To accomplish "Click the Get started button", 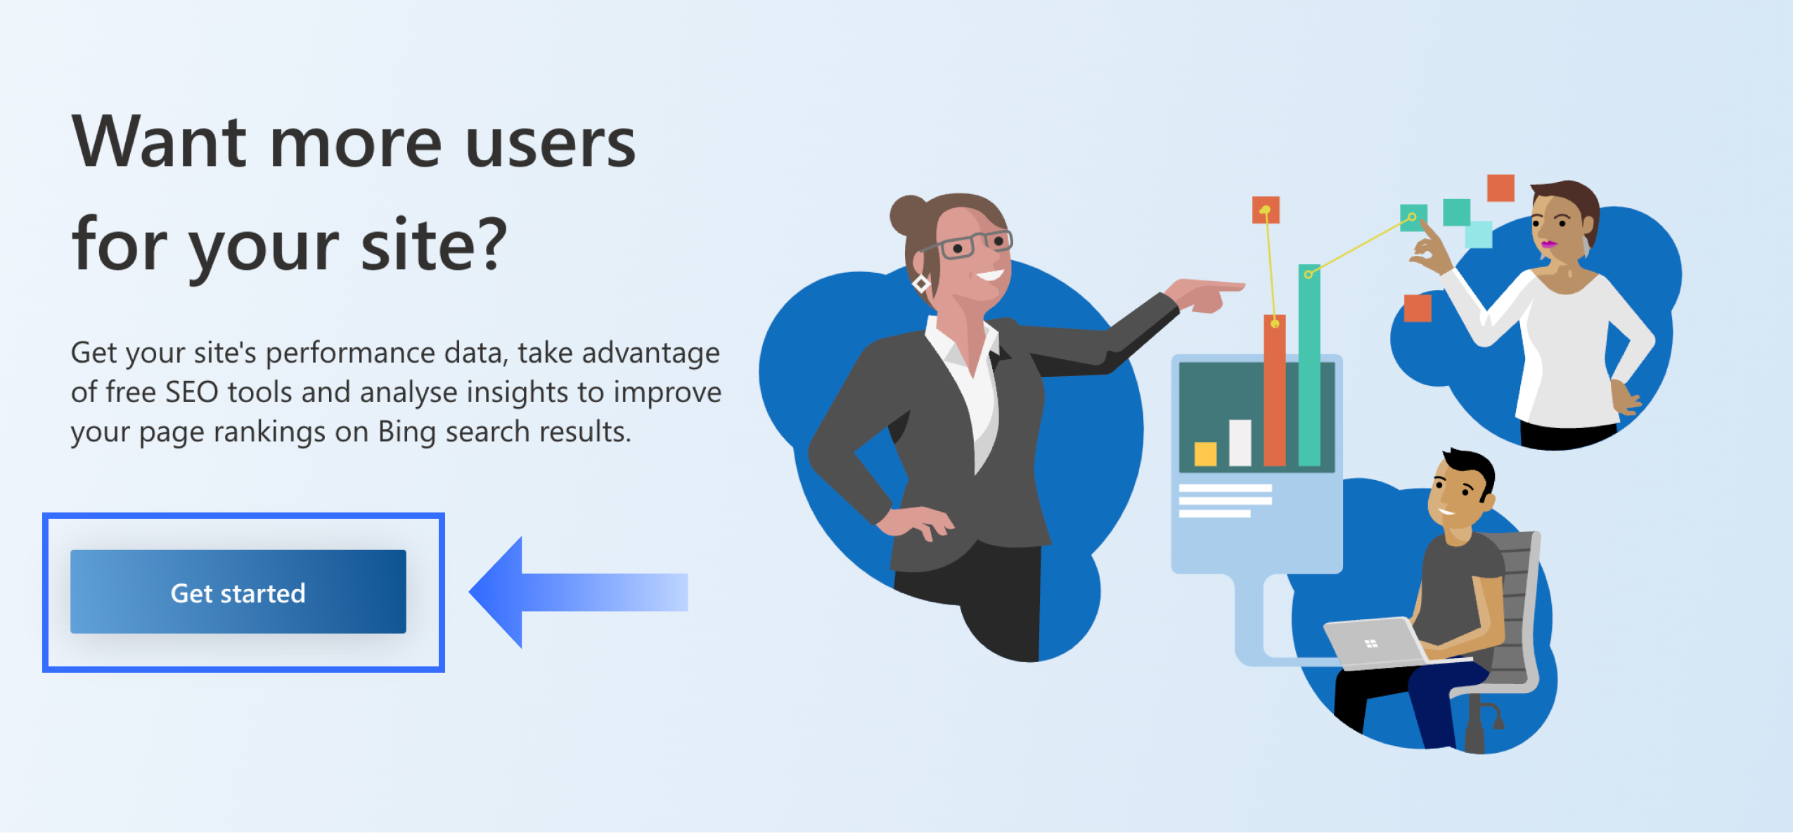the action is tap(238, 592).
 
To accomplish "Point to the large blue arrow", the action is tap(578, 592).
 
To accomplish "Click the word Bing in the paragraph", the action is tap(406, 432).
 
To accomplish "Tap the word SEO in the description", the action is tap(191, 392).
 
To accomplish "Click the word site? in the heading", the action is tap(433, 244).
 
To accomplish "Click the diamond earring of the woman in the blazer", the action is tap(921, 284).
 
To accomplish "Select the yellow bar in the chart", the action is tap(1205, 453).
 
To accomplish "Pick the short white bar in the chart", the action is tap(1240, 442).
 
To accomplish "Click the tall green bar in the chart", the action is tap(1309, 365).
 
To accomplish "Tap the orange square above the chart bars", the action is tap(1266, 209).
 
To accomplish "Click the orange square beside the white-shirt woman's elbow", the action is tap(1418, 308).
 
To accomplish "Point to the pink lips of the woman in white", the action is tap(1548, 245).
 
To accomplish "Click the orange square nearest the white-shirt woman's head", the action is tap(1500, 188).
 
